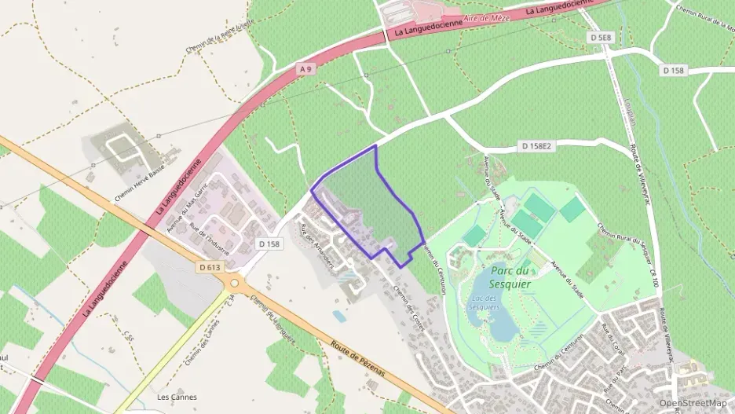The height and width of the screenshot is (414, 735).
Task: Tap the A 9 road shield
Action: click(x=305, y=70)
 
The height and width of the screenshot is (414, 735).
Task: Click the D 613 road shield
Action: click(x=210, y=267)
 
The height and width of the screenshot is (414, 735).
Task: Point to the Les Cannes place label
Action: click(x=177, y=397)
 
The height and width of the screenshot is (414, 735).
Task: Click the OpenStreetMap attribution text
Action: click(x=693, y=403)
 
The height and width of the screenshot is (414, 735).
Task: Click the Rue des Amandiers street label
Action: click(x=317, y=246)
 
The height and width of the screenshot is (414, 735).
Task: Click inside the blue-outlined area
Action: click(x=369, y=204)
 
